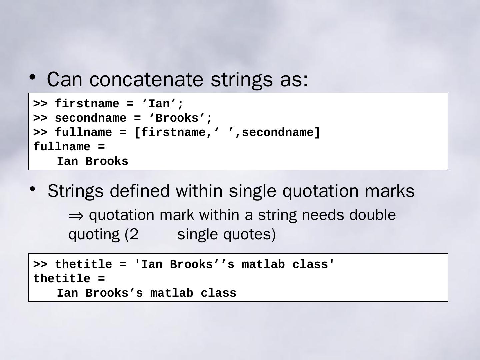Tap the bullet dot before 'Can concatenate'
click(32, 77)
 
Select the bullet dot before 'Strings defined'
click(32, 189)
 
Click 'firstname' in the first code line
click(87, 104)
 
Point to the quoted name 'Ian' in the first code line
click(159, 104)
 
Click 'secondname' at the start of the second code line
click(87, 118)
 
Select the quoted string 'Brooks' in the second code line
click(177, 118)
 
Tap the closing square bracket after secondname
click(317, 133)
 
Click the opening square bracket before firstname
click(137, 133)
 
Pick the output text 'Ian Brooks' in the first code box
click(92, 162)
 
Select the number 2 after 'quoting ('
click(134, 234)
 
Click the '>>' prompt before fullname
click(40, 133)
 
